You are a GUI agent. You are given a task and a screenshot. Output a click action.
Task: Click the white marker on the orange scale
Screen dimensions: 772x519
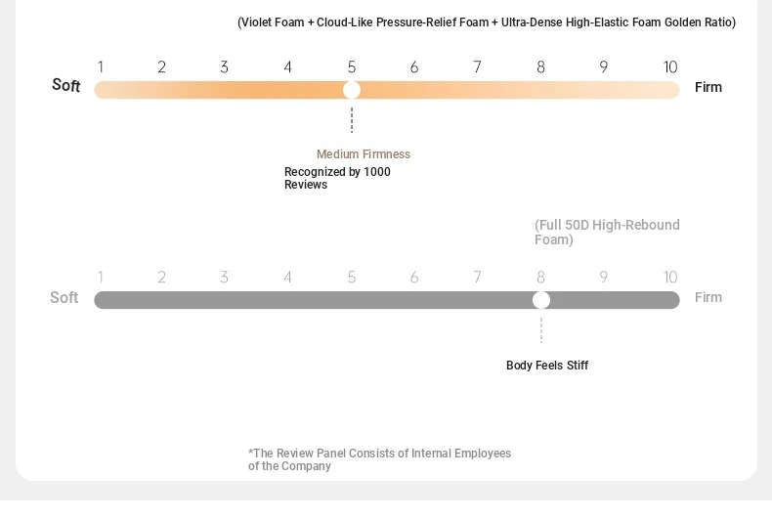[x=352, y=90]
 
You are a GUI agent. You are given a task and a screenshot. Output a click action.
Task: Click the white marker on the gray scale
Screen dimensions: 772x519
[x=541, y=300]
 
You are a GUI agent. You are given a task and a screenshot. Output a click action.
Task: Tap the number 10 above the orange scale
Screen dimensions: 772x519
[x=670, y=67]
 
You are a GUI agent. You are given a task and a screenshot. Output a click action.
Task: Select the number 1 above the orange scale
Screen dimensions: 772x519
[x=101, y=67]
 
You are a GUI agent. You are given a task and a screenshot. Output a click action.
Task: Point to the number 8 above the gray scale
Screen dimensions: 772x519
[x=540, y=278]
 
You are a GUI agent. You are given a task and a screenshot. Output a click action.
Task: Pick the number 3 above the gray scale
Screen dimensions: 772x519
[x=224, y=278]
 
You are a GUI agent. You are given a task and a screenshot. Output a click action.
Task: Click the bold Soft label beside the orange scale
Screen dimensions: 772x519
[x=66, y=85]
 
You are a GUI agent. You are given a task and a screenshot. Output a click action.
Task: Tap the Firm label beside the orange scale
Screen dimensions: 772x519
[x=708, y=87]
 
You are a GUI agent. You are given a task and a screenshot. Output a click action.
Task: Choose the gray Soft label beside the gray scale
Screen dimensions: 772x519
[x=64, y=297]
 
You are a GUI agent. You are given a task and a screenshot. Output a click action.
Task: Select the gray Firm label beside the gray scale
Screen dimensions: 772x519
[x=708, y=297]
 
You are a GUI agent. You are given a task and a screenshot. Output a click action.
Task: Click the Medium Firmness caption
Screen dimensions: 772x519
[x=364, y=154]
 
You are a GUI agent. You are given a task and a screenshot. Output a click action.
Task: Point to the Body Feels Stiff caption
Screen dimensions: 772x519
[x=547, y=366]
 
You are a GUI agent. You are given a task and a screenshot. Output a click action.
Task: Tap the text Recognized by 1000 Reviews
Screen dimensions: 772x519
[x=337, y=178]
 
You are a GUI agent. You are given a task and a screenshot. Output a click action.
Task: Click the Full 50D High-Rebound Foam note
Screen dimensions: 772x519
[x=607, y=233]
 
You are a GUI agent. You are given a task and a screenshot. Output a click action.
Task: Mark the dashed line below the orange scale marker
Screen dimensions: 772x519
[x=352, y=120]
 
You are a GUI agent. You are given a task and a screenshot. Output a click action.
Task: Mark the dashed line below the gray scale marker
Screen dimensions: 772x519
[x=541, y=330]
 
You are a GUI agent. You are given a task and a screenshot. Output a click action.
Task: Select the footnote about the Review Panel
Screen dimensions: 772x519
[x=379, y=459]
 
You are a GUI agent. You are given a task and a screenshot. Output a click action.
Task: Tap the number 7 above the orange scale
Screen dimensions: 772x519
[x=477, y=67]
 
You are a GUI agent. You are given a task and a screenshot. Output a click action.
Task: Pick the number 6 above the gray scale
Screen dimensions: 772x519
[x=414, y=278]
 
